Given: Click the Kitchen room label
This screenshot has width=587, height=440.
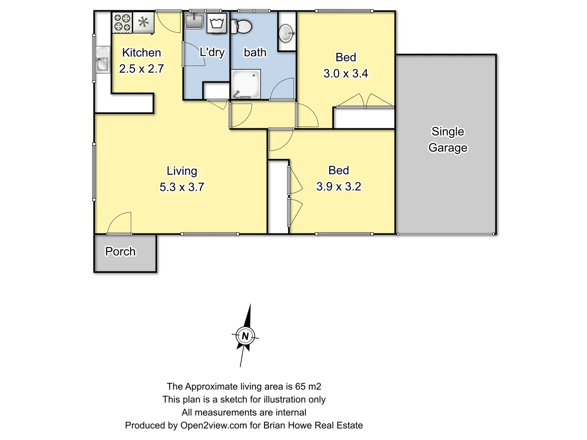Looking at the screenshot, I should click(141, 53).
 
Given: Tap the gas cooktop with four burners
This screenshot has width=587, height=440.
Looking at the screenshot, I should click(122, 23).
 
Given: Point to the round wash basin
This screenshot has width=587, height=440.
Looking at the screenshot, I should click(287, 33).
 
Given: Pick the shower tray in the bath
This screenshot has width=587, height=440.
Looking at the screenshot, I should click(246, 84).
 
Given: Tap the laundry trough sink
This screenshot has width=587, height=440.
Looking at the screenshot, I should click(194, 21).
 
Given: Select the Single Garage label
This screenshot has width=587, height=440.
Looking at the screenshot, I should click(448, 139).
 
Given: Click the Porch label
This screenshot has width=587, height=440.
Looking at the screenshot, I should click(120, 251).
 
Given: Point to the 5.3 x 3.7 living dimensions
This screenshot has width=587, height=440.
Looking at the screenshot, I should click(181, 187).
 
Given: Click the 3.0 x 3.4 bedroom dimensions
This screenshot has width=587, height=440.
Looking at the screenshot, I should click(346, 73).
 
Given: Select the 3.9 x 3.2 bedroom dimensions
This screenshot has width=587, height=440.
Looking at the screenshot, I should click(339, 186).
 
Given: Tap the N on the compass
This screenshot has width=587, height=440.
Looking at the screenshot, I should click(245, 336).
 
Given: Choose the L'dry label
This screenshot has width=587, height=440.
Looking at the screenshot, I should click(212, 52).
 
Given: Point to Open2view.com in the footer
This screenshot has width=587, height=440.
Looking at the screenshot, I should click(214, 425).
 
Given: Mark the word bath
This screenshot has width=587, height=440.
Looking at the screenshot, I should click(255, 52).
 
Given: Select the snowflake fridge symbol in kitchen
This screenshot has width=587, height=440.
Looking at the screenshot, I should click(143, 22).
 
